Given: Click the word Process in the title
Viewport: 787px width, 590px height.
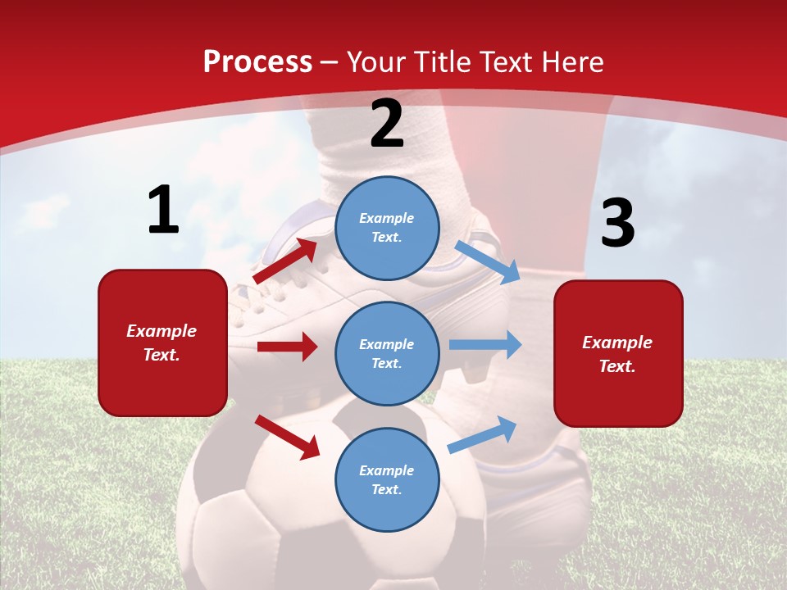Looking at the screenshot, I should [257, 61].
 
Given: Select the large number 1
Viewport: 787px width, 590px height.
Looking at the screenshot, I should [163, 210].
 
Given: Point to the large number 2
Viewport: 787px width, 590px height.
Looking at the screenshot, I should [387, 124].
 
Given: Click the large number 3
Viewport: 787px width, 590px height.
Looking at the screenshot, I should [617, 223].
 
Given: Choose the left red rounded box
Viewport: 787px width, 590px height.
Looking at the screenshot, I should [162, 343].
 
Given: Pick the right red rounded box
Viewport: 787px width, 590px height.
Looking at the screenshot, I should [618, 353].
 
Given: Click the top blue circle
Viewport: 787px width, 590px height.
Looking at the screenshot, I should [388, 228].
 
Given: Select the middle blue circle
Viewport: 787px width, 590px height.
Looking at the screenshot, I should [388, 353].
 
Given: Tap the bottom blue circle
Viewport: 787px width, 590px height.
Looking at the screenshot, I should [388, 479].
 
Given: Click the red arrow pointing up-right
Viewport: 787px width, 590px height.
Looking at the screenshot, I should [285, 261].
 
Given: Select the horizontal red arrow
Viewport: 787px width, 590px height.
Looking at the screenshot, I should [287, 347].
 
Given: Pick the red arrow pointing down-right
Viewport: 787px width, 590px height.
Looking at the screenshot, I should [287, 436].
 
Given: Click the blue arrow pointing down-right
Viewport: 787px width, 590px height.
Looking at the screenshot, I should [487, 261].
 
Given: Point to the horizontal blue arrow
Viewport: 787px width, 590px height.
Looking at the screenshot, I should [484, 344].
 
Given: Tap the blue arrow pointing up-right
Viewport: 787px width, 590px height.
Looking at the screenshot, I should [482, 434].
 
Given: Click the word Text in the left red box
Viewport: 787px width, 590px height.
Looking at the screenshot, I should [161, 355].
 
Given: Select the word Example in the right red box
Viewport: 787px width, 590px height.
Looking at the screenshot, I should [617, 343].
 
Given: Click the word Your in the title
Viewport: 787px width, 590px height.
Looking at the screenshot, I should [378, 61].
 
